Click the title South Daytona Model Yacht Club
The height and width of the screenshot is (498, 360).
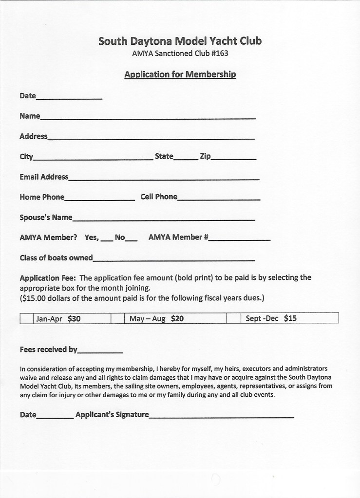[180, 41]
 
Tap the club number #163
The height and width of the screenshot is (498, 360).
[219, 54]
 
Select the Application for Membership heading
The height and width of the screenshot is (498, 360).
[180, 74]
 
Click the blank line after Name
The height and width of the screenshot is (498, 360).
[148, 117]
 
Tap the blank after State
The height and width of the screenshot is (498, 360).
[183, 158]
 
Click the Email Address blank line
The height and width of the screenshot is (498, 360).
[164, 179]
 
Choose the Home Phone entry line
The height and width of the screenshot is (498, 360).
[99, 199]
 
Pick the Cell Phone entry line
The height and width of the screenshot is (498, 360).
[219, 199]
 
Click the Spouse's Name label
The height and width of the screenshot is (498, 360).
[46, 217]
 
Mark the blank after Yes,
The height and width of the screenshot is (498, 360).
[107, 239]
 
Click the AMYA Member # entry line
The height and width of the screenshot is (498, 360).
[239, 239]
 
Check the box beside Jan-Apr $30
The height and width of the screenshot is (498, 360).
[26, 319]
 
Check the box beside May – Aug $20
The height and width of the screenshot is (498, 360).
[117, 319]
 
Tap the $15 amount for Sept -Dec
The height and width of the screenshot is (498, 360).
[290, 319]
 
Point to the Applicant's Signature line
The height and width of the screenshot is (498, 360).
[222, 417]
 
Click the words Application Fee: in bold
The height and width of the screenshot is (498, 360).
[47, 278]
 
